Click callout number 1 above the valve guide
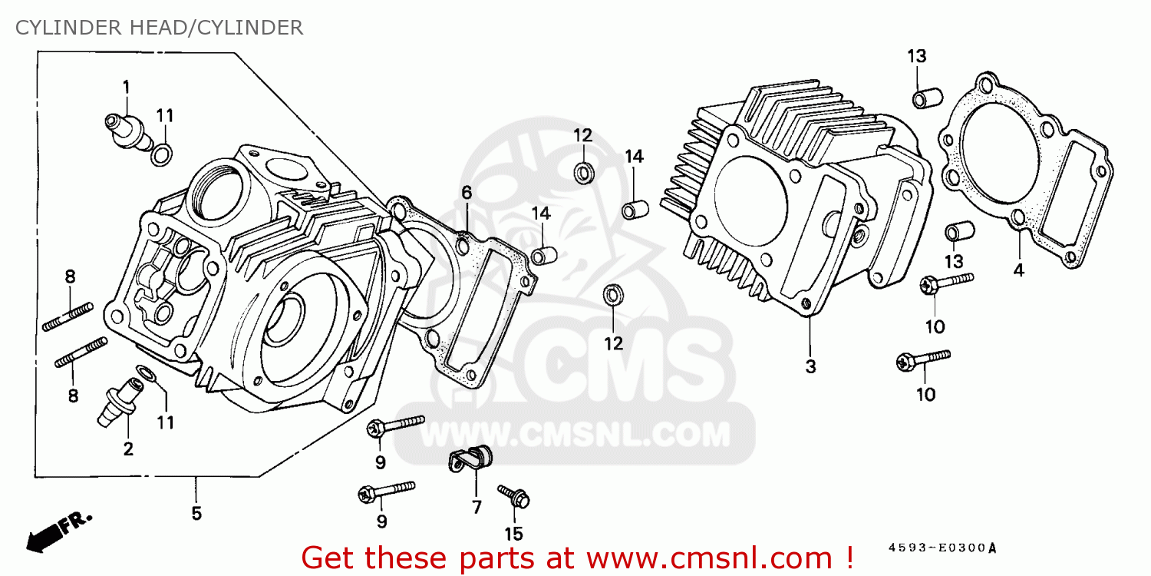[x=125, y=87]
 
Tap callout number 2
[x=128, y=449]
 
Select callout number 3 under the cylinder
[x=810, y=367]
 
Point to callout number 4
[x=1018, y=270]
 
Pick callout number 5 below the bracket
[x=196, y=513]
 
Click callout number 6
[x=467, y=192]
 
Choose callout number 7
[x=477, y=507]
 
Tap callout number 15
[x=513, y=534]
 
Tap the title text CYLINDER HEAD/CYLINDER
[x=160, y=28]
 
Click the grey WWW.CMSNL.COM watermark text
[x=575, y=435]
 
